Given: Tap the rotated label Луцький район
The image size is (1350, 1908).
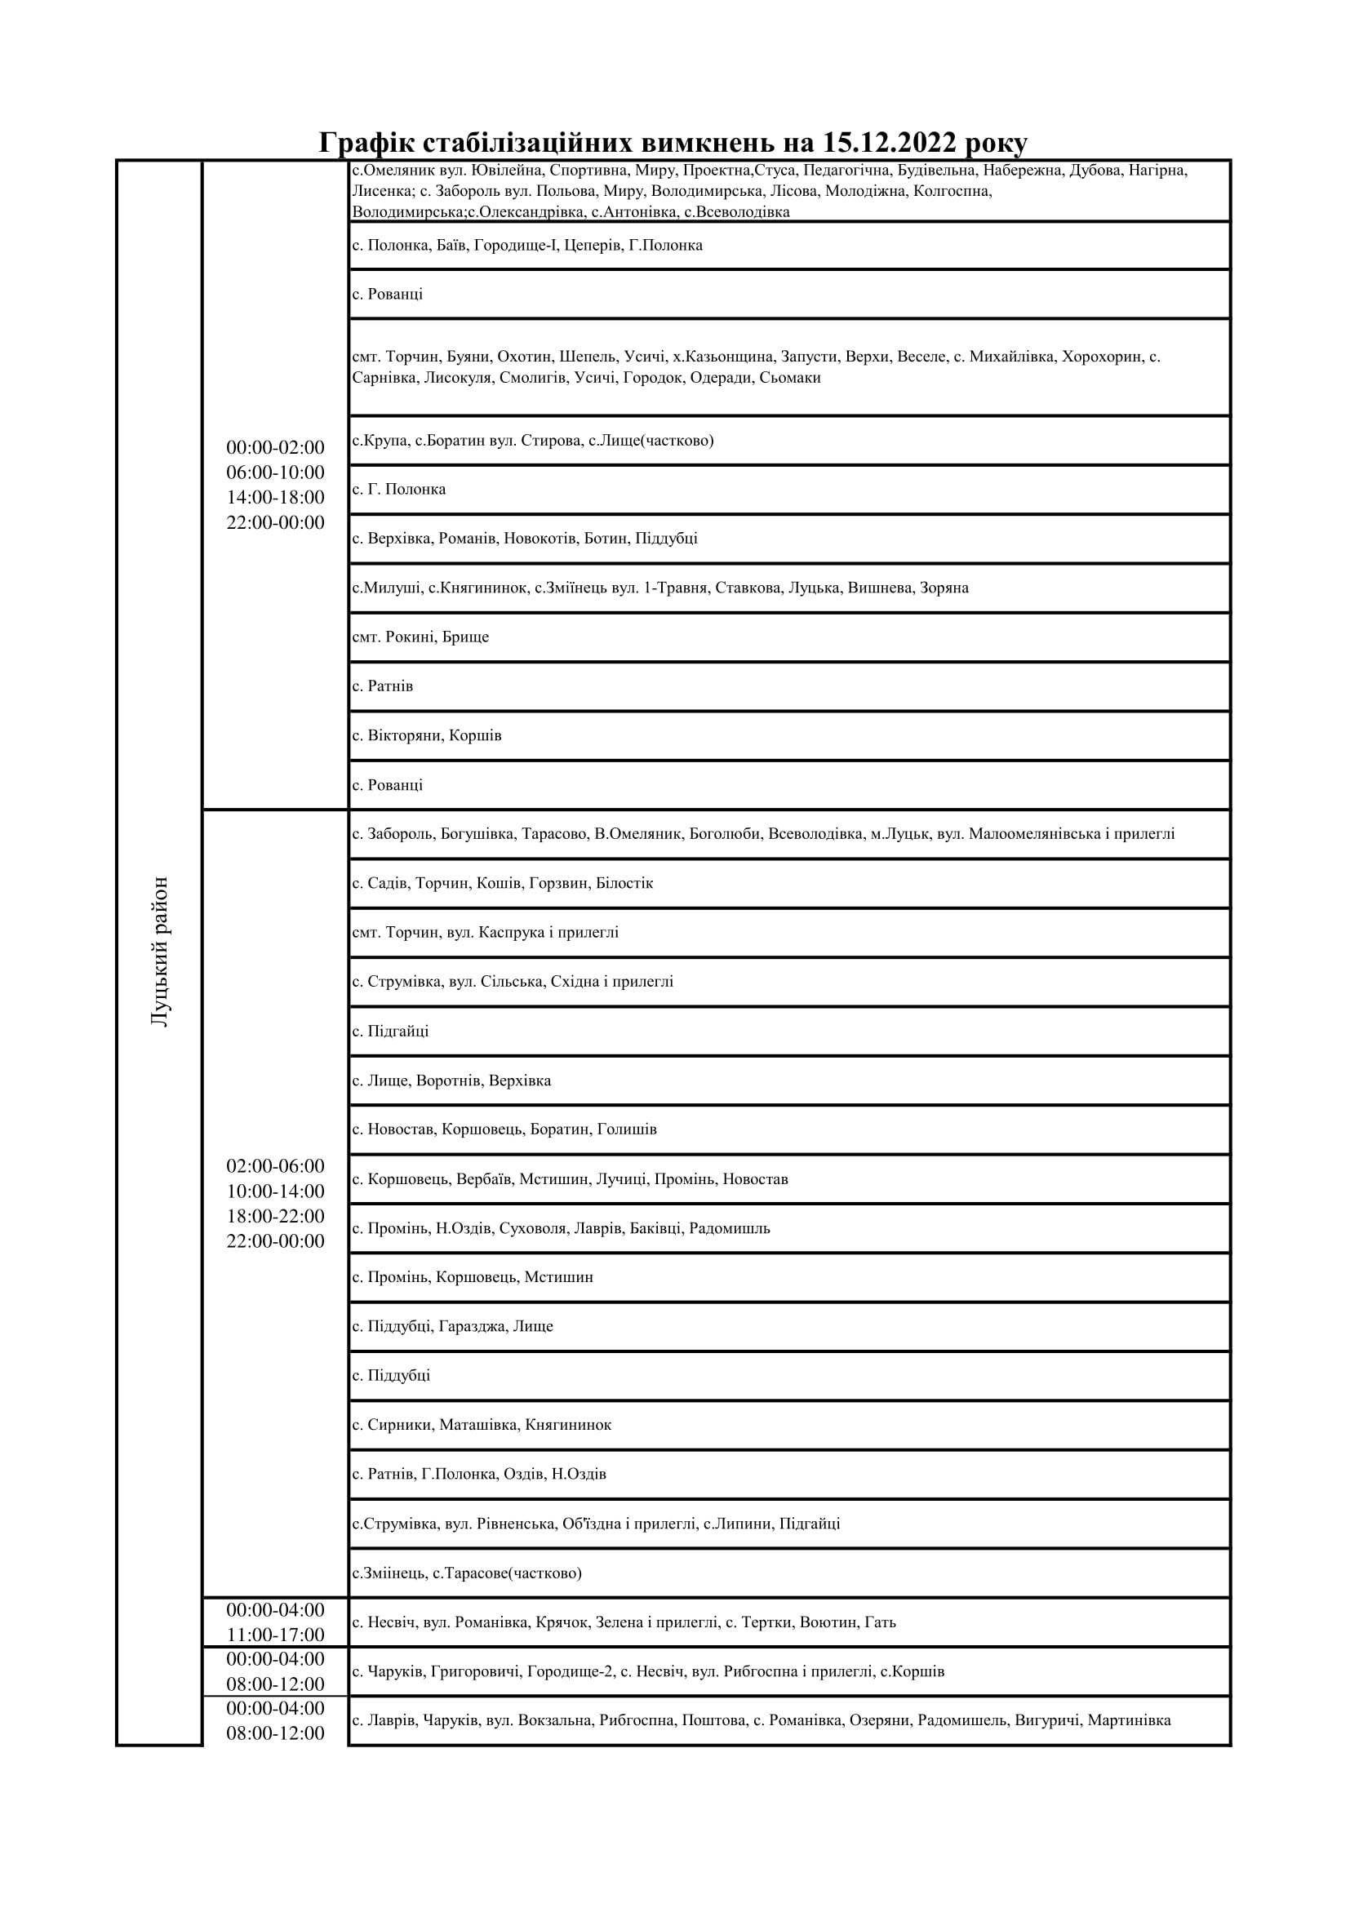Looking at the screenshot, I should coord(160,951).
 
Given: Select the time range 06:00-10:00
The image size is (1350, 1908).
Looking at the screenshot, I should coord(275,472).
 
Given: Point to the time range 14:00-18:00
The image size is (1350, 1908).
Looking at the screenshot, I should coord(275,497).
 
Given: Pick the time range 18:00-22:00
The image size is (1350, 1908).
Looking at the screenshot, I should coord(275,1216).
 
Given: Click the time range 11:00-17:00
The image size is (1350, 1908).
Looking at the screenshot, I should coord(275,1635).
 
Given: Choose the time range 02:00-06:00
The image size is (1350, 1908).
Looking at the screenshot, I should coord(275,1166).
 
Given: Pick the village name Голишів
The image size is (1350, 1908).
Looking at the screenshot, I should coord(627,1129).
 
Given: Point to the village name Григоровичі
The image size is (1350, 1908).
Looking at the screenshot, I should coord(477,1671).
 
